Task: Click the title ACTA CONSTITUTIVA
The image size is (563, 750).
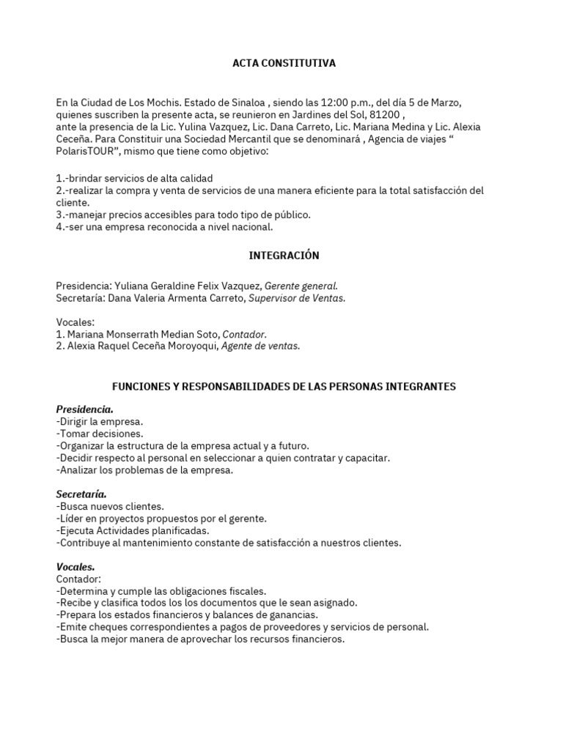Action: (284, 64)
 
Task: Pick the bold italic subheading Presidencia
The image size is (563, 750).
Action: (84, 409)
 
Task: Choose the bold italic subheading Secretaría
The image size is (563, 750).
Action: (81, 494)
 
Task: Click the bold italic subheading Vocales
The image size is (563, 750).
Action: (75, 567)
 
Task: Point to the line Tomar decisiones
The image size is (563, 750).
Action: (101, 434)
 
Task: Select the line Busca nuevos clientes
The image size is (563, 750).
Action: (110, 506)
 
